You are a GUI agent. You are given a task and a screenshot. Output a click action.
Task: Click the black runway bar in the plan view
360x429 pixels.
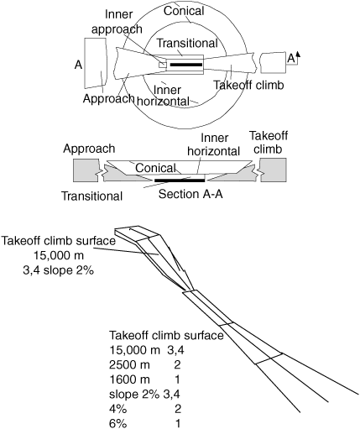coord(186,65)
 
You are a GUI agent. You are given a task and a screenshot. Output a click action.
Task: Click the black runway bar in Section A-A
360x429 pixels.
coord(180,180)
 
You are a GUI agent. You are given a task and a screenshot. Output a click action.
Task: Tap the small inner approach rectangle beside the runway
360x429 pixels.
coord(163,65)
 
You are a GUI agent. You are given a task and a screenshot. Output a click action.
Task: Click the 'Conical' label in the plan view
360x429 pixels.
coord(184,11)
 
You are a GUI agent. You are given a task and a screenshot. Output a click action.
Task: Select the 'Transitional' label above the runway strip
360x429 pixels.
coord(187,43)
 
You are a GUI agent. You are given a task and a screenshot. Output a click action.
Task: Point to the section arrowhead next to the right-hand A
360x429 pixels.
coord(298,54)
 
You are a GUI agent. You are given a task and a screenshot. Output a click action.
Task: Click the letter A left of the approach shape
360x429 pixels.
coord(78,65)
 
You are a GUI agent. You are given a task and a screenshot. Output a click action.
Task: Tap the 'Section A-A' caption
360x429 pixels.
coord(190,194)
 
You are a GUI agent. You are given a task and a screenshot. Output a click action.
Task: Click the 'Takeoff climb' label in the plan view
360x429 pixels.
coord(248,85)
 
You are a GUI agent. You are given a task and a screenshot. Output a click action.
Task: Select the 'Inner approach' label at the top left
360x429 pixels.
coord(117,22)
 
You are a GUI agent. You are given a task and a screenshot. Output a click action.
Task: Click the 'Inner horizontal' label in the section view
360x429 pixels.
coord(214,144)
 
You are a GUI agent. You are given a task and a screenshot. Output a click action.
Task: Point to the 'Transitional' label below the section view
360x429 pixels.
coord(92,196)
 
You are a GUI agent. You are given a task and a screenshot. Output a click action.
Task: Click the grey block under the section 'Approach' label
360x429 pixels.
coord(86,170)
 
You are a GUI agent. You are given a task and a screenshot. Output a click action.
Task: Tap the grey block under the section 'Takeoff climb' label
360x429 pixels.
coord(274,170)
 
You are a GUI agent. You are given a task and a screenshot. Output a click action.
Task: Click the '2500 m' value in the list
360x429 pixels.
coord(129,364)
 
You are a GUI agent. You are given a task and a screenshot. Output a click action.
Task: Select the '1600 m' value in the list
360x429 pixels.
coord(129,379)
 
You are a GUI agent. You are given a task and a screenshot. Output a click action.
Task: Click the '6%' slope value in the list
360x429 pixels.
coord(117,423)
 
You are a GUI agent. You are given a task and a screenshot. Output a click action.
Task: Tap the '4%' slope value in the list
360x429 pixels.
coord(117,409)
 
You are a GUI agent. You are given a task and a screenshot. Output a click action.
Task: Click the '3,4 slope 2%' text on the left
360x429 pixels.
coord(58,270)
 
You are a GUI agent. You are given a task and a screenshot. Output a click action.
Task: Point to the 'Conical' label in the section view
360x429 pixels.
coord(155,168)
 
